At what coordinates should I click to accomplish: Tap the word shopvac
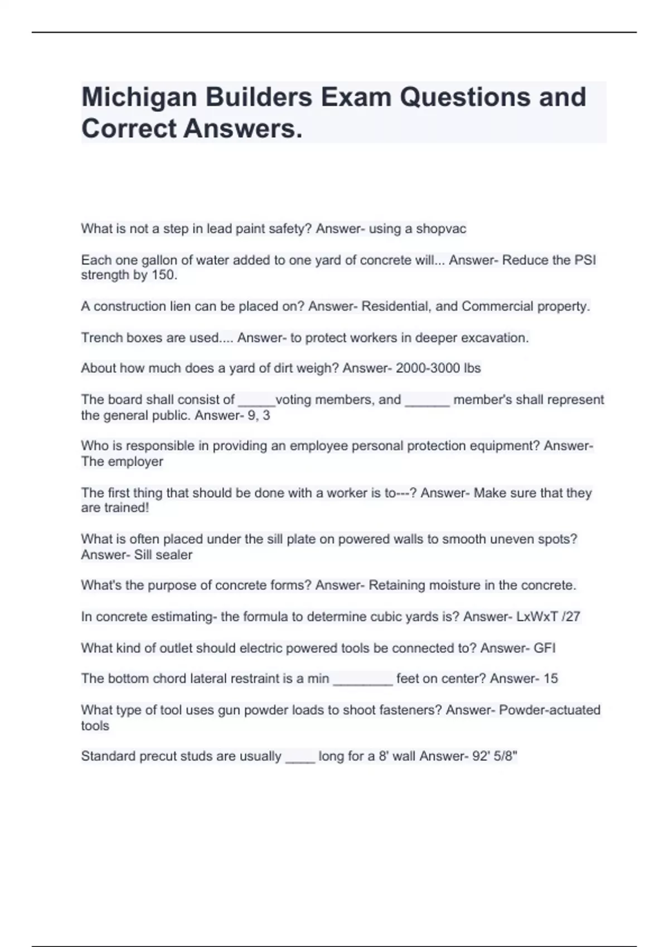(x=441, y=229)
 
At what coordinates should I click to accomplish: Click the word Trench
(x=100, y=338)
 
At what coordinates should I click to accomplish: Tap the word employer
(x=135, y=462)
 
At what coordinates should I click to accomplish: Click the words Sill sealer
(x=163, y=555)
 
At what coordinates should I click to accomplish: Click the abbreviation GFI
(x=545, y=648)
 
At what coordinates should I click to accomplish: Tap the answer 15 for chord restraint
(x=550, y=678)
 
